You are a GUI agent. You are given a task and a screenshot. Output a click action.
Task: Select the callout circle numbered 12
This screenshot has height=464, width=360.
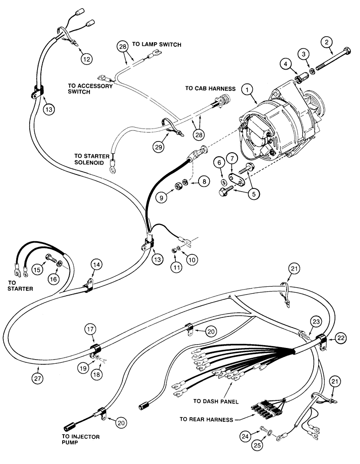[x=87, y=59]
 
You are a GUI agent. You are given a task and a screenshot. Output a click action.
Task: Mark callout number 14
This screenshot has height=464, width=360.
[x=96, y=265]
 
